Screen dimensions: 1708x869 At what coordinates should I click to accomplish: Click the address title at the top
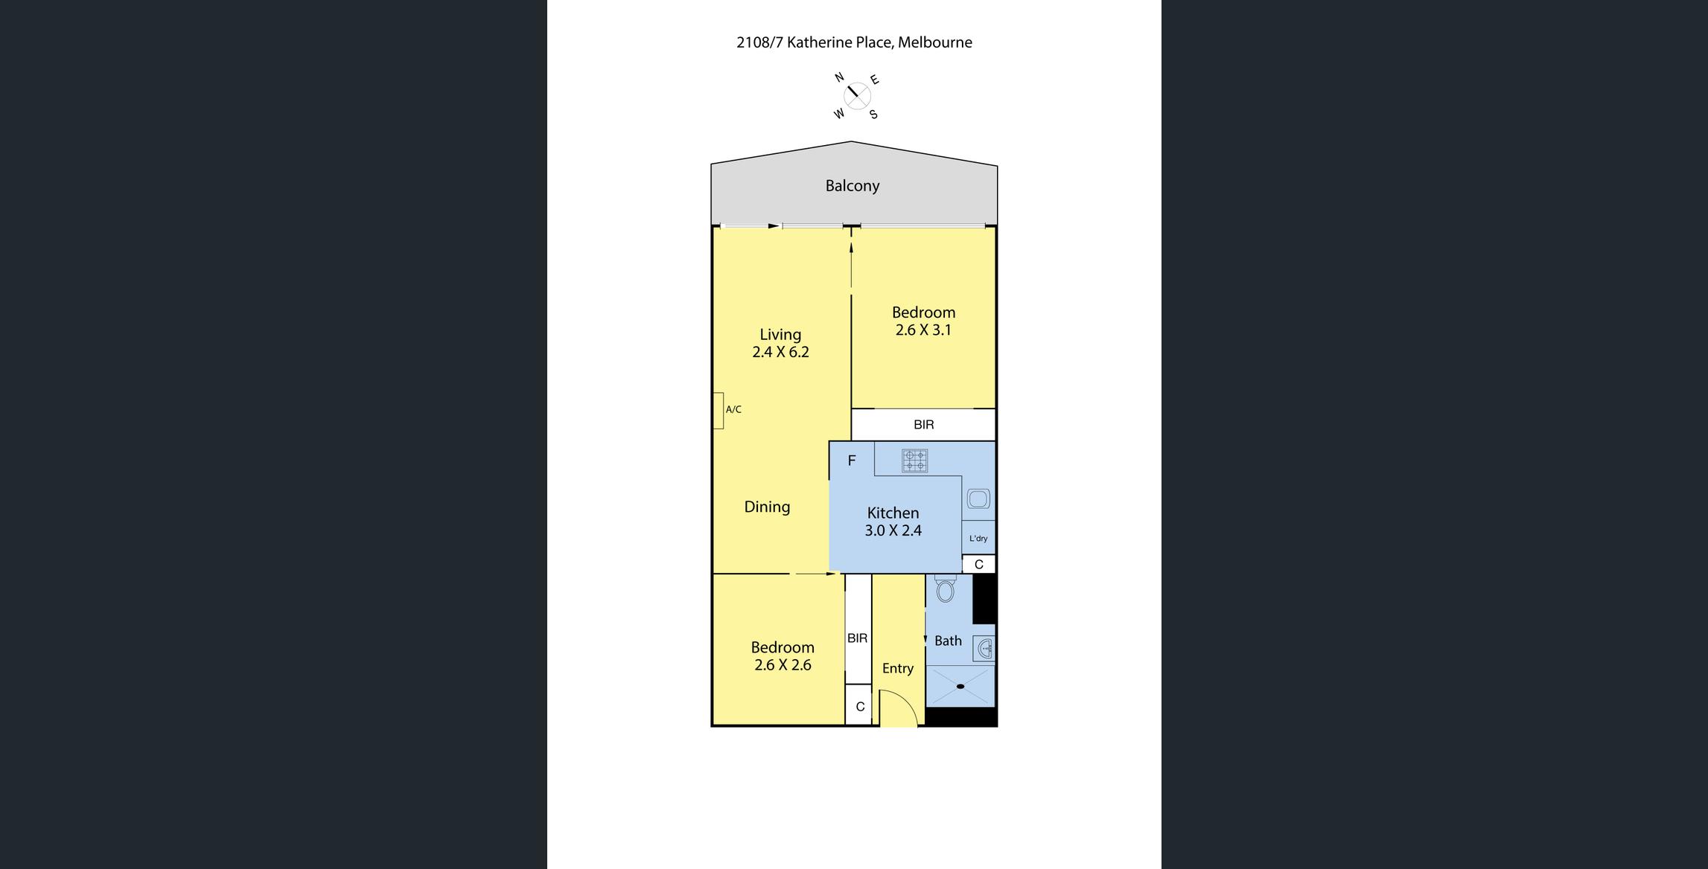click(x=854, y=42)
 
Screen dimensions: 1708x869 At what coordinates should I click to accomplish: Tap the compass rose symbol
click(x=856, y=96)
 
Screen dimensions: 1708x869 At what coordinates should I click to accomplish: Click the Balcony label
click(x=853, y=186)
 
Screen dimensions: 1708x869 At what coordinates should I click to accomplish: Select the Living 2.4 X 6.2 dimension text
click(x=780, y=352)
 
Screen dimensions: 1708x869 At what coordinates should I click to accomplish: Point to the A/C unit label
click(x=733, y=409)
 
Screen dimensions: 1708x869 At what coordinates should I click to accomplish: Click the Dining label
click(x=767, y=507)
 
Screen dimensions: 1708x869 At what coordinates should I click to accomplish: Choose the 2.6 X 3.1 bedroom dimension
click(x=923, y=330)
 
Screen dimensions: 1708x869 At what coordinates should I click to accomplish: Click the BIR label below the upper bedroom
click(x=923, y=425)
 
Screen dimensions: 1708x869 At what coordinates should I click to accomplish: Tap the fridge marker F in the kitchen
click(x=852, y=461)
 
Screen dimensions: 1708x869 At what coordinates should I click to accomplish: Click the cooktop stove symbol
click(x=915, y=461)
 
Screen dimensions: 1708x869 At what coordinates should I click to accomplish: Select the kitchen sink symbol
click(x=978, y=498)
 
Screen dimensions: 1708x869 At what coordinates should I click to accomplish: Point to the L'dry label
click(x=978, y=539)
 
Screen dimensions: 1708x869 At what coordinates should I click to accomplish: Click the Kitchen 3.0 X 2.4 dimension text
click(x=893, y=530)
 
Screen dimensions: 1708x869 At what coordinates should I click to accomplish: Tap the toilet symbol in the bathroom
click(x=946, y=588)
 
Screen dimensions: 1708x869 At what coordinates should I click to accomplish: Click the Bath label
click(x=948, y=641)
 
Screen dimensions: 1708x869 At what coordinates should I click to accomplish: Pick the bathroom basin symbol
click(x=985, y=649)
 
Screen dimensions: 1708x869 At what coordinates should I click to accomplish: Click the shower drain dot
click(x=960, y=686)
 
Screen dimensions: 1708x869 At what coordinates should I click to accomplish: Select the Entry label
click(x=898, y=668)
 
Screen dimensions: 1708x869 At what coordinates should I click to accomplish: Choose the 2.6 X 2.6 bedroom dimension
click(x=783, y=665)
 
